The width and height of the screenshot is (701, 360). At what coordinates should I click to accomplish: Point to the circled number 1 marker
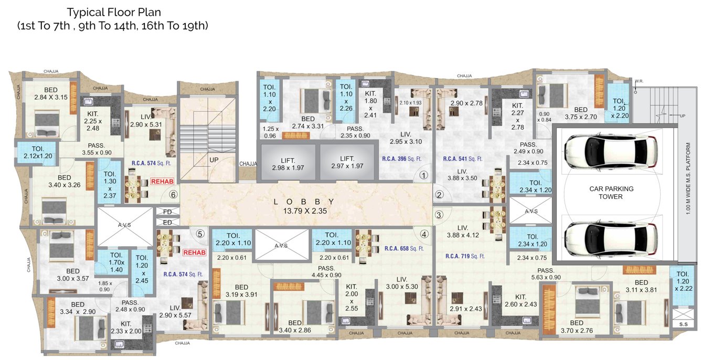(424, 175)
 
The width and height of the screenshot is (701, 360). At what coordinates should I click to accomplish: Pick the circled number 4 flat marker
(424, 235)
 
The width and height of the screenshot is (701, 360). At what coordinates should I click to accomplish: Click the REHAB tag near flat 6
(161, 181)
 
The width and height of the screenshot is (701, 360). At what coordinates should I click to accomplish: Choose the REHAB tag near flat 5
(194, 252)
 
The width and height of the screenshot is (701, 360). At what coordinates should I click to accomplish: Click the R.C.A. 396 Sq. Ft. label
(402, 158)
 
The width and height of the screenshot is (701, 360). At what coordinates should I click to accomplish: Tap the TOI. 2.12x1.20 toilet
(35, 153)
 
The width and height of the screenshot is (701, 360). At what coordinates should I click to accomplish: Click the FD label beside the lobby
(167, 212)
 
